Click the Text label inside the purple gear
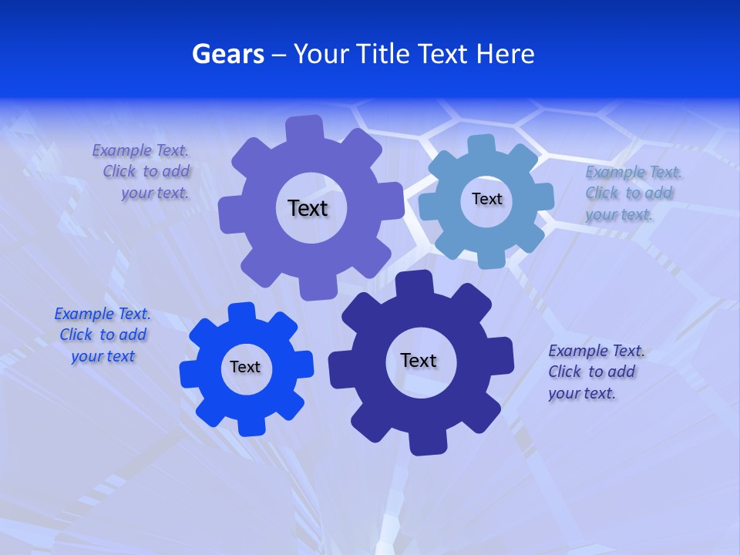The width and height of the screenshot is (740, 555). point(308,208)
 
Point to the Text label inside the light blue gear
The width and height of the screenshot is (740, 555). point(486,199)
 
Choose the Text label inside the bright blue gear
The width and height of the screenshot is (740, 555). point(244,367)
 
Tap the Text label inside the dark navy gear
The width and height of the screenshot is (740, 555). point(418,360)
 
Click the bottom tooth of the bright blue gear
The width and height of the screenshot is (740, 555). point(251,425)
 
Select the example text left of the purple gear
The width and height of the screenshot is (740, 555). point(142,171)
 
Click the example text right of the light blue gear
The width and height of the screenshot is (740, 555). point(633,193)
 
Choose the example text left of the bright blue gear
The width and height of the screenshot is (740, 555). point(103,335)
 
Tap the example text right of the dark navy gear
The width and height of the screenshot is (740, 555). point(595,372)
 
